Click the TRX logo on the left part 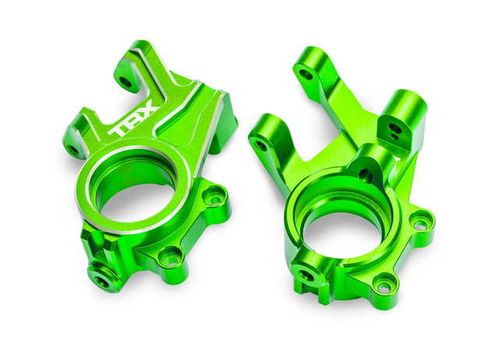tap(135, 119)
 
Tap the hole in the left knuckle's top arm tap(125, 79)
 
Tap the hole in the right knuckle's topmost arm tap(306, 75)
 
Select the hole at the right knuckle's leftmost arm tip tap(260, 145)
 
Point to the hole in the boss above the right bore tap(365, 175)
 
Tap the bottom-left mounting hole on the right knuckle tap(304, 275)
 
